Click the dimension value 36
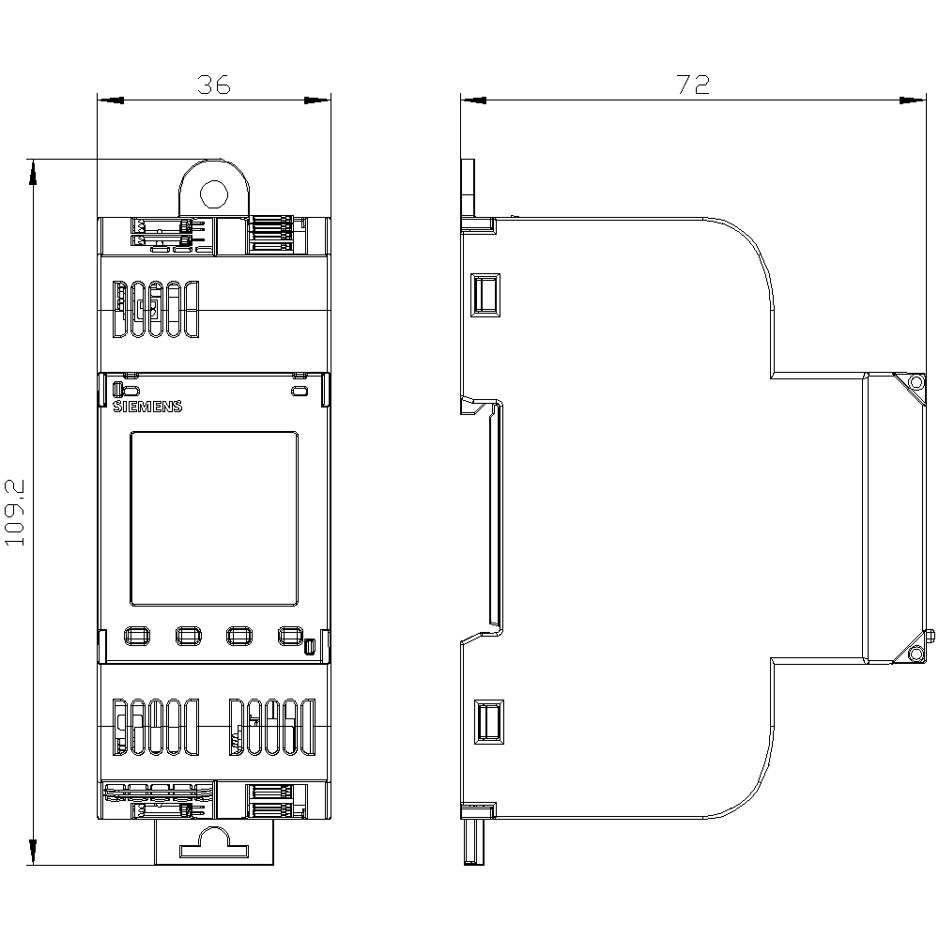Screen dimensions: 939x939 213,85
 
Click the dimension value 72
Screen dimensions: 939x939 693,85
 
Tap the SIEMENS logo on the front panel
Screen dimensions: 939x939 146,407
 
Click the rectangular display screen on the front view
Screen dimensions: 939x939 213,517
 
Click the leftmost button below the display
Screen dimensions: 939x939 135,637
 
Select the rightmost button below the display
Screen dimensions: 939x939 289,637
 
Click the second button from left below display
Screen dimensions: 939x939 187,637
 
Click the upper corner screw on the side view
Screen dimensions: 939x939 915,382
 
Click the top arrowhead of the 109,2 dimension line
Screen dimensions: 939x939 34,169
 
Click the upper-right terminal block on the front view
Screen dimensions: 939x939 278,235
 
